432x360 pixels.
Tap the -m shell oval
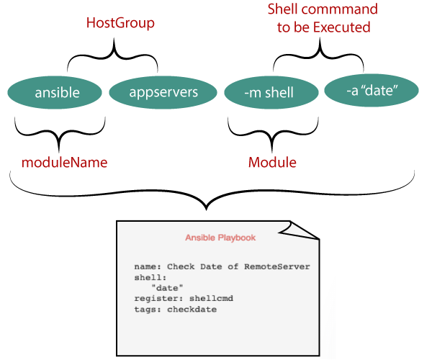pos(270,92)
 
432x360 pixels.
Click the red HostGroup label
pos(120,23)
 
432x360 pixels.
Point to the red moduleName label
pos(64,163)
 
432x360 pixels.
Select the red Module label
pos(272,163)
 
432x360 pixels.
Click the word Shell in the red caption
pos(285,9)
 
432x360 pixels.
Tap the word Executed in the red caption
pos(346,27)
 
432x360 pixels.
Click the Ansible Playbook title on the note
pos(220,238)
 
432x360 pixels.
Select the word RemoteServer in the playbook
pos(276,266)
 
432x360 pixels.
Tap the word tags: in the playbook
pos(148,309)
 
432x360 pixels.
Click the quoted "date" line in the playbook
pos(166,287)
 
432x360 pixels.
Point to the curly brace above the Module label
pos(271,133)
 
